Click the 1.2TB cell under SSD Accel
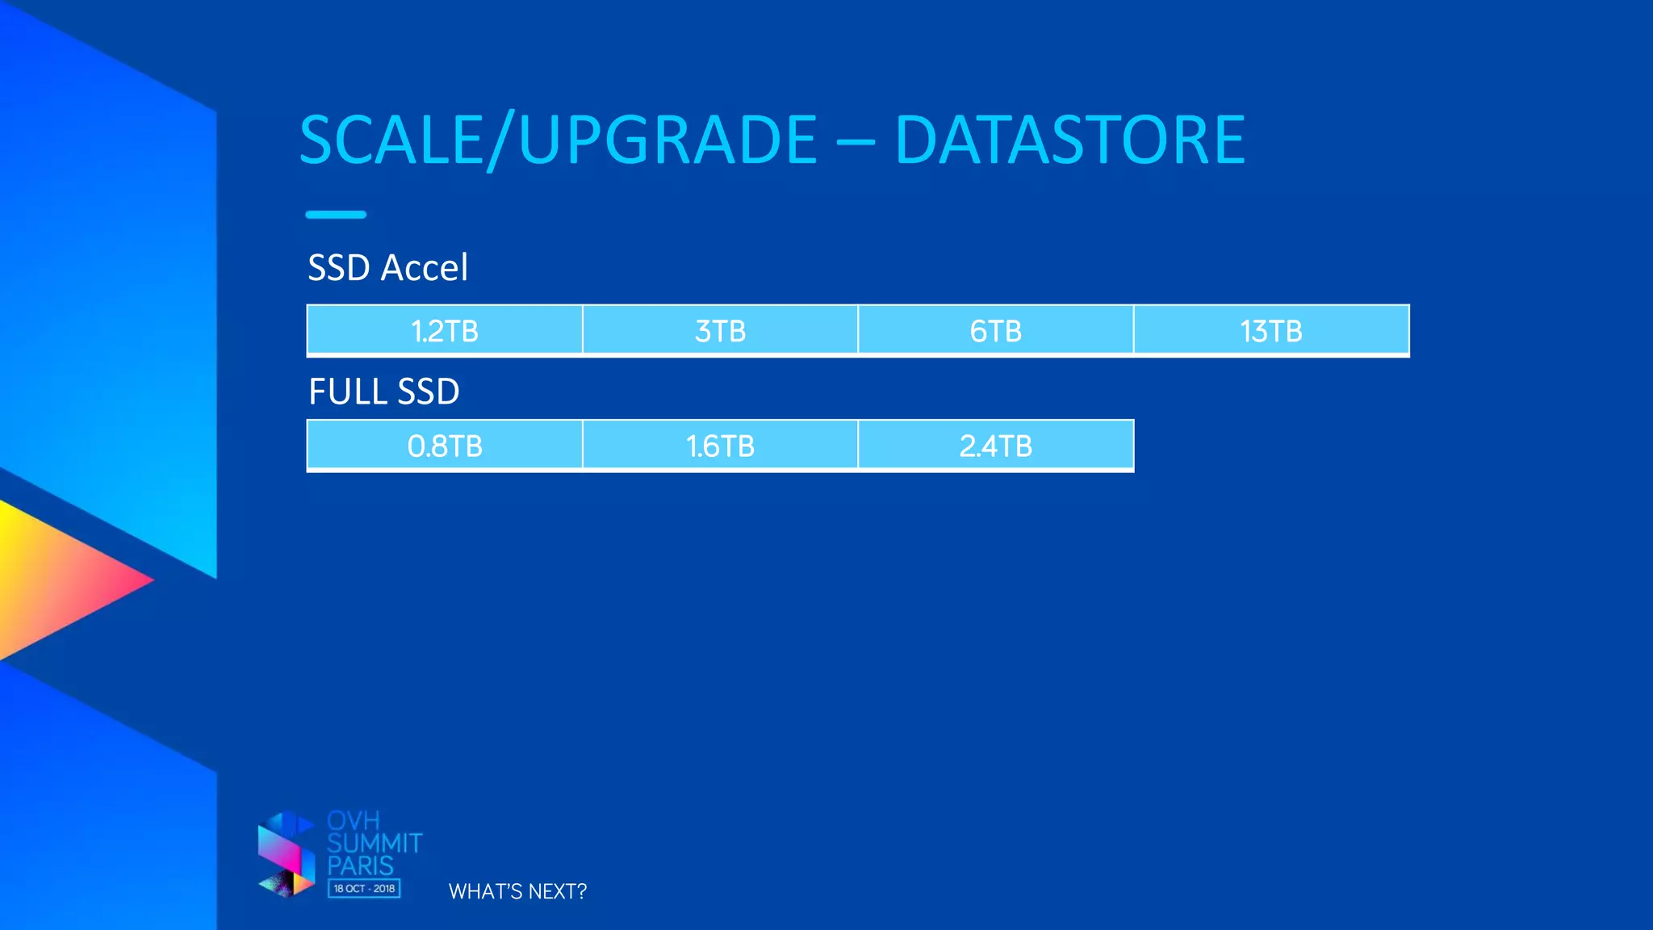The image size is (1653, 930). click(445, 331)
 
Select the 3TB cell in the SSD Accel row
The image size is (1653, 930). click(720, 331)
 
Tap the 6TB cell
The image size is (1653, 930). click(995, 331)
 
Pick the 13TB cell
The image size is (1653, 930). click(1271, 331)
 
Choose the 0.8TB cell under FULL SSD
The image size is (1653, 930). click(445, 446)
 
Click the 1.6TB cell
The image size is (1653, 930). click(720, 446)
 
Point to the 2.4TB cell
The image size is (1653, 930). click(995, 446)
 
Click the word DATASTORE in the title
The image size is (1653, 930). click(1069, 140)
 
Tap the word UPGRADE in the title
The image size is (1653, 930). click(668, 140)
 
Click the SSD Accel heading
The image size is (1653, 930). click(387, 267)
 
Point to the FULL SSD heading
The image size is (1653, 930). click(384, 392)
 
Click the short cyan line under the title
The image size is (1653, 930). click(336, 215)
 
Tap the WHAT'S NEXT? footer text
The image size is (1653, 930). click(517, 891)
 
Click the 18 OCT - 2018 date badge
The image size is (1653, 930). click(364, 889)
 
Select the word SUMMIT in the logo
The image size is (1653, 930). click(375, 844)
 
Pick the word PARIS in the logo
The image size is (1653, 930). click(360, 866)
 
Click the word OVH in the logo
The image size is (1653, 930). click(354, 821)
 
